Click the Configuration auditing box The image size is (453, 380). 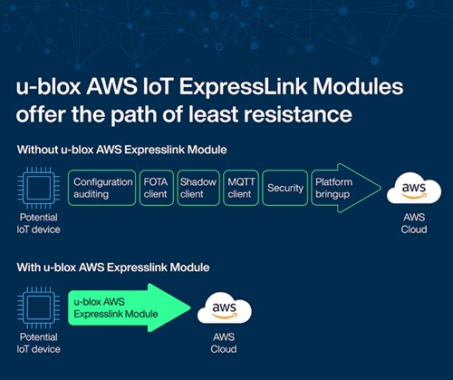pos(103,188)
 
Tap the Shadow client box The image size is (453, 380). pos(198,188)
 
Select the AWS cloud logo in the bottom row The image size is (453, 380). pos(224,307)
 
